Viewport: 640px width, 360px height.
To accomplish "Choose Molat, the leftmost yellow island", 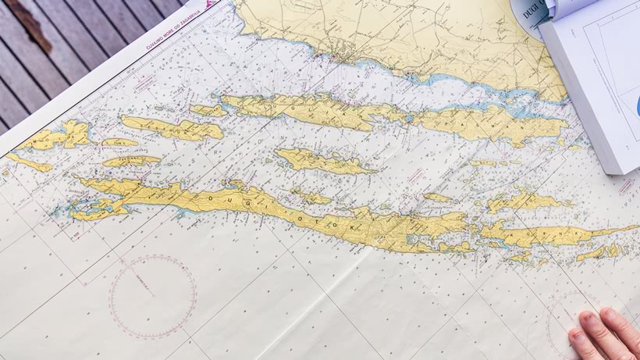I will coord(59,137).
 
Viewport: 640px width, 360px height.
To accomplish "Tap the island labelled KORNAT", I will coord(546,232).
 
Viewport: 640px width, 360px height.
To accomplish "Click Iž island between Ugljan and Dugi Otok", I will coord(316,160).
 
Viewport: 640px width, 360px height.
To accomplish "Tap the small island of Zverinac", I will coord(130,161).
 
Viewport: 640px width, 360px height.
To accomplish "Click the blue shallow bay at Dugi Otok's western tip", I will coord(86,208).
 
